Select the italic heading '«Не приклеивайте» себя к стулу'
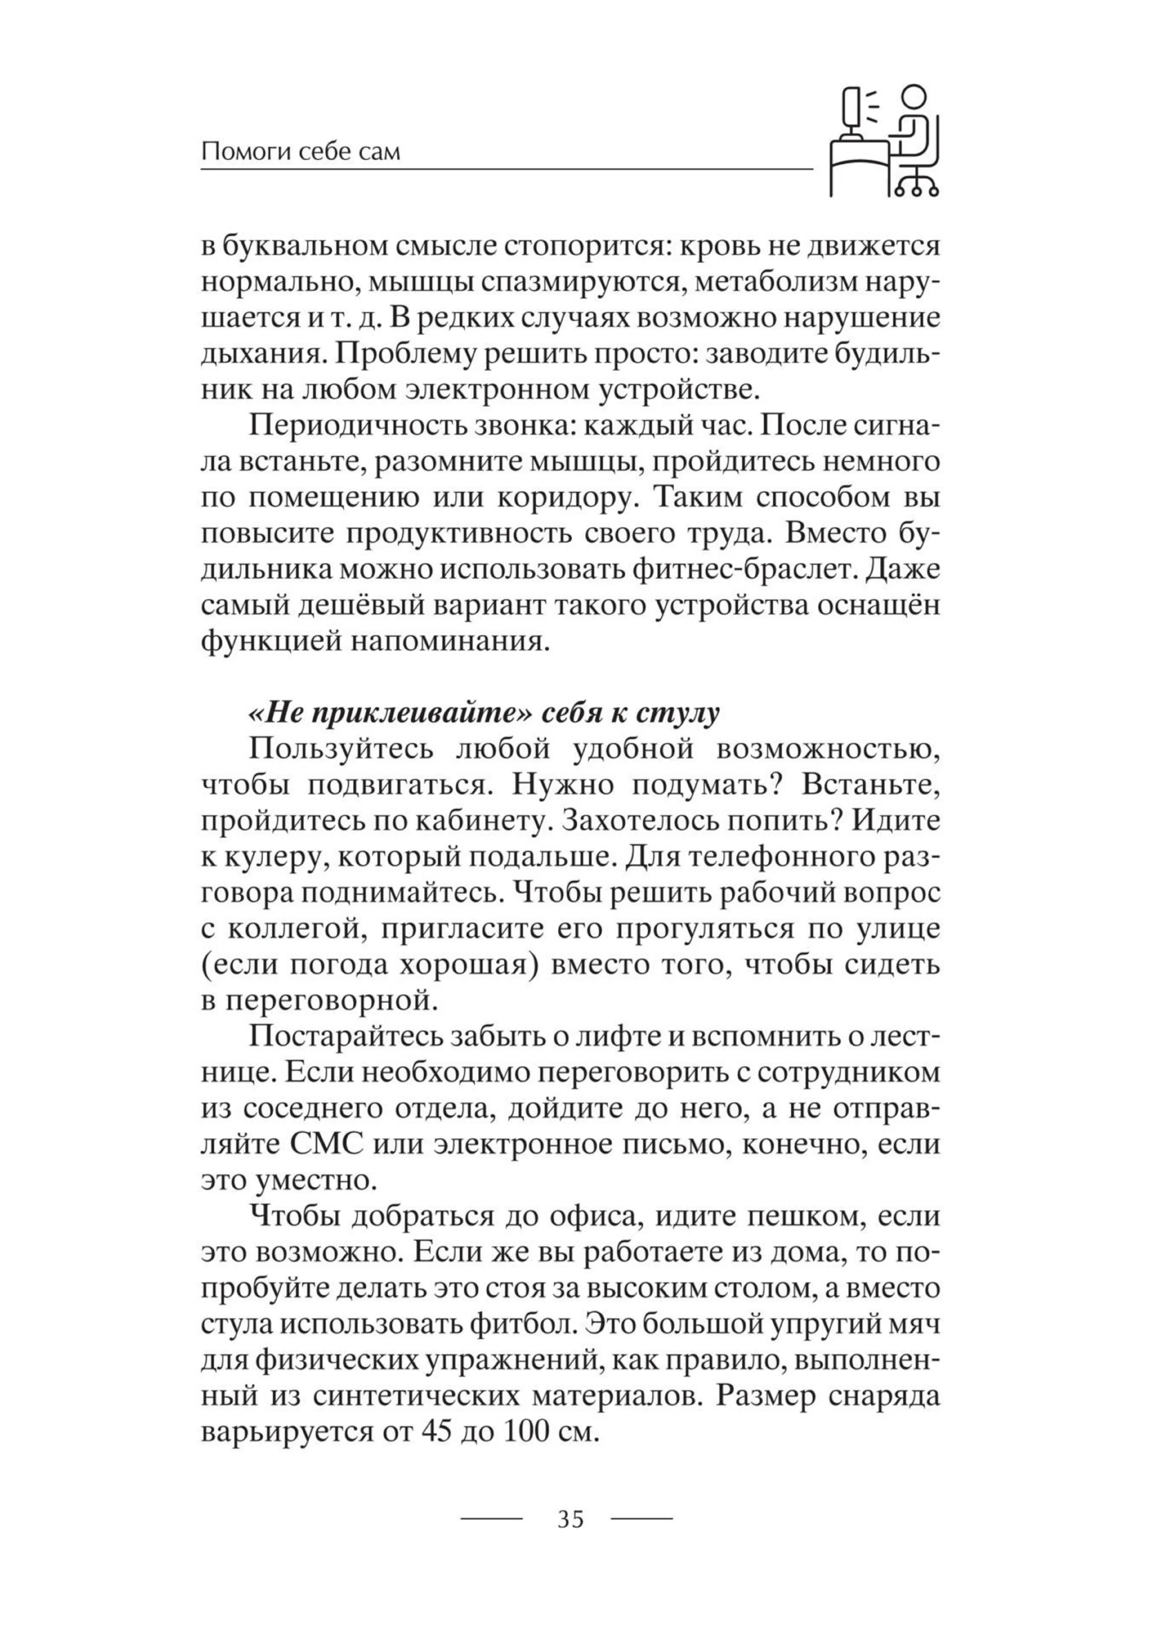pos(483,714)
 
